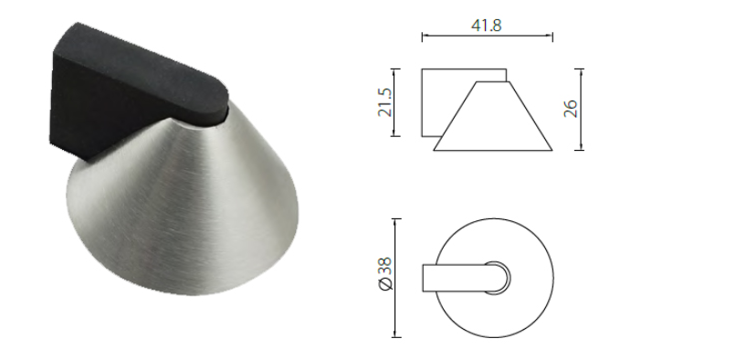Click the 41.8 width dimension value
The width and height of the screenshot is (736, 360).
coord(487,25)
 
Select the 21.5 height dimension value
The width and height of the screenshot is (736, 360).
coord(385,102)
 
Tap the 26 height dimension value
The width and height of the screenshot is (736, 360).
coord(571,109)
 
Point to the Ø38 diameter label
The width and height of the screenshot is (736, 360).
coord(385,274)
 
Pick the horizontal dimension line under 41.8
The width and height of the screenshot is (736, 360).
coord(488,36)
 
